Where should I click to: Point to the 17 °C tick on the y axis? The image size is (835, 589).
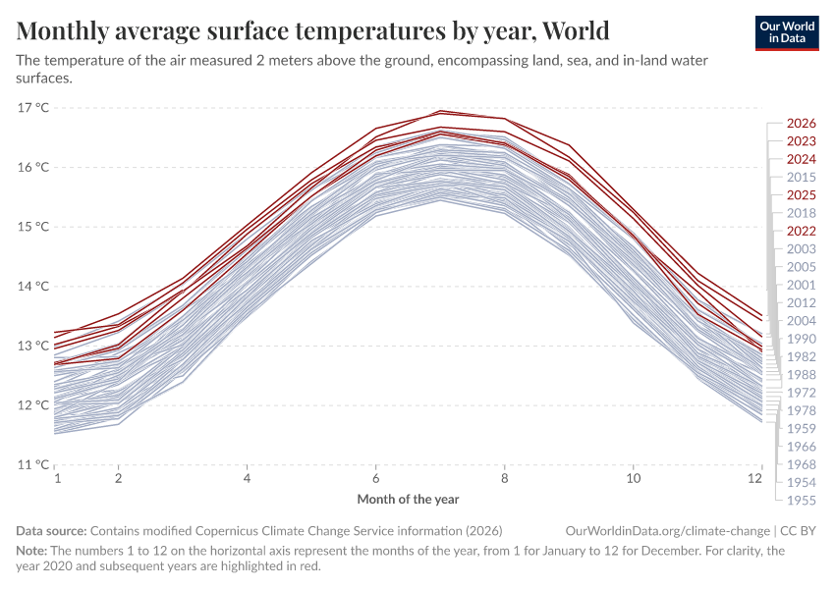[x=34, y=107]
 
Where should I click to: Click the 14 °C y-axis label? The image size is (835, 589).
[x=34, y=287]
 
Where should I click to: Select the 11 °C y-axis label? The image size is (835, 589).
[x=34, y=465]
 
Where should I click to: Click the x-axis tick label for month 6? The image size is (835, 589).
[x=375, y=478]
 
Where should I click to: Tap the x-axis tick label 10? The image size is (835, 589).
[x=634, y=478]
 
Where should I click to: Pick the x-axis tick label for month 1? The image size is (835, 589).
[x=57, y=478]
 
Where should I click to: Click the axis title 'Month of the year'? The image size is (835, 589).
[x=408, y=500]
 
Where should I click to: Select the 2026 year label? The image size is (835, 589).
[x=802, y=124]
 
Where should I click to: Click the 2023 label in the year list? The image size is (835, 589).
[x=802, y=141]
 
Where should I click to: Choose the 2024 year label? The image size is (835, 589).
[x=802, y=159]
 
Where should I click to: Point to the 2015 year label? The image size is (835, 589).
[x=802, y=177]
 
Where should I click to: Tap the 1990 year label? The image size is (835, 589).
[x=802, y=339]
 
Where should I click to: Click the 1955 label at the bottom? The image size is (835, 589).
[x=802, y=500]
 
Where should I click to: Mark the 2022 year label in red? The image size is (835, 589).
[x=802, y=231]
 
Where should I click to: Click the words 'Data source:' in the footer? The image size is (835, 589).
[x=51, y=530]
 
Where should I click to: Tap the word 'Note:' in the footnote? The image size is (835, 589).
[x=32, y=551]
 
